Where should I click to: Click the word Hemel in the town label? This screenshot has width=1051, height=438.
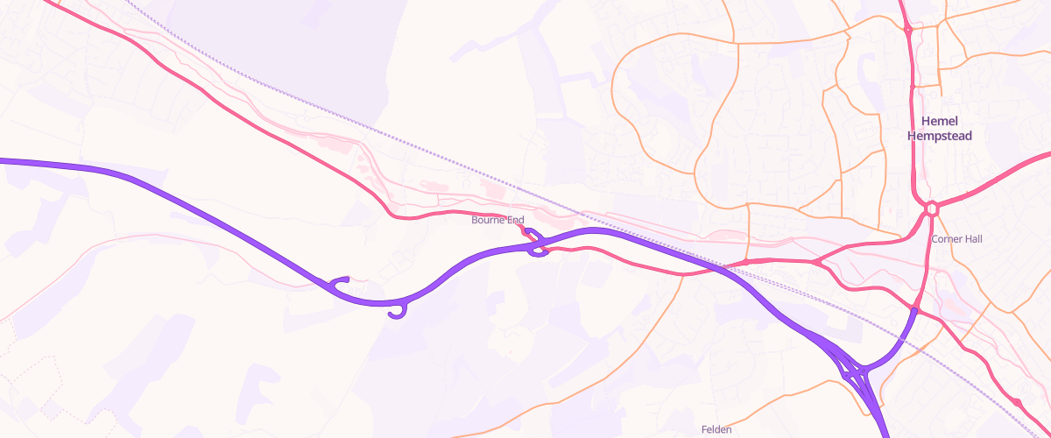940,122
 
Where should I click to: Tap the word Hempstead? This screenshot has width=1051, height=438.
940,137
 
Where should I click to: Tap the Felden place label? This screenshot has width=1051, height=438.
716,429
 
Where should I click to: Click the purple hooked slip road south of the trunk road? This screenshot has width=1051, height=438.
399,311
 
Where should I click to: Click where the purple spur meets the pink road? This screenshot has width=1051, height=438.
913,309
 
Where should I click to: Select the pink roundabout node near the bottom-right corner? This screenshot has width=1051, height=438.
1019,401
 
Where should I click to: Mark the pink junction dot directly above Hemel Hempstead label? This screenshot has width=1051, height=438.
913,87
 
